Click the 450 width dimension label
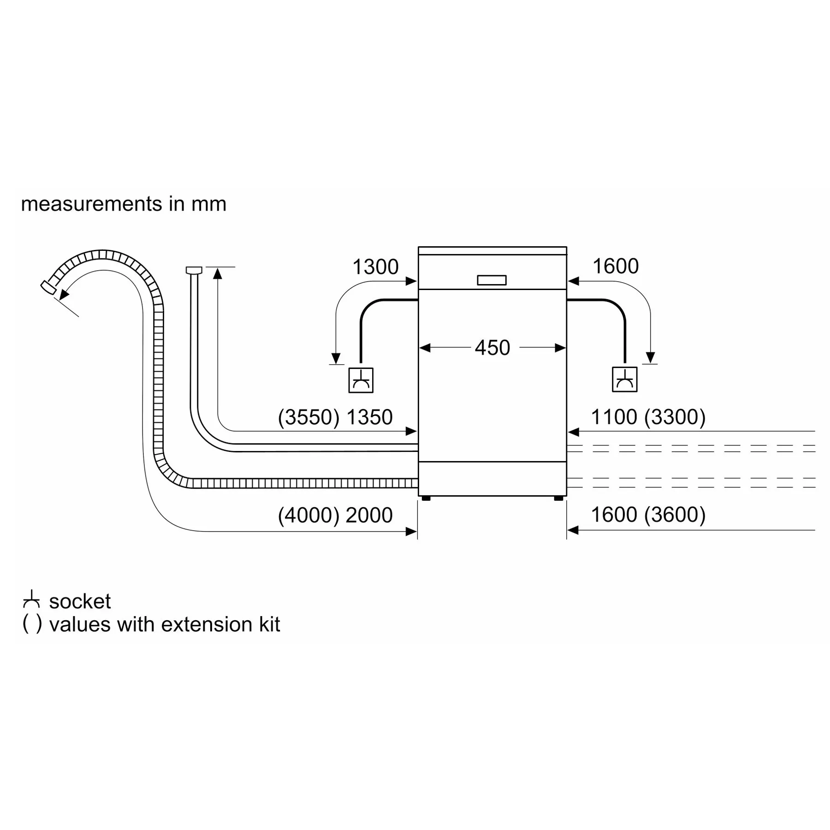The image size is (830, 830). pos(492,348)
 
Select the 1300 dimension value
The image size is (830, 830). pos(375,267)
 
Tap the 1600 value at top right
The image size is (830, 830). pos(616,266)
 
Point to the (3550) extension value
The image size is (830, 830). pos(308,417)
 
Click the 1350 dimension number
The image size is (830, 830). pos(369,417)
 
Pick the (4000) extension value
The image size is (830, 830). pos(308,515)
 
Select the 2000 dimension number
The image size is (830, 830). pos(369,515)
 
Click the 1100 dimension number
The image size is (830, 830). pos(614,417)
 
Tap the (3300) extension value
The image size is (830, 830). pos(675,417)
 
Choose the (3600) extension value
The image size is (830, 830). pos(675,515)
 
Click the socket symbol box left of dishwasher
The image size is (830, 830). pos(361,380)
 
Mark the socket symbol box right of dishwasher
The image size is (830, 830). pos(625,379)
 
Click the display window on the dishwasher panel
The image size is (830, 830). pos(492,280)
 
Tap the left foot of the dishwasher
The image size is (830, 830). pos(426,498)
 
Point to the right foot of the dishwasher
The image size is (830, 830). pos(558,498)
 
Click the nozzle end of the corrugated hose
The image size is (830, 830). pos(48,287)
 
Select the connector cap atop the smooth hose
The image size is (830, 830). pos(194,270)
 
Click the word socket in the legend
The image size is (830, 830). pos(80,601)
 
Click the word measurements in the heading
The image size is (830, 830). pos(91,204)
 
